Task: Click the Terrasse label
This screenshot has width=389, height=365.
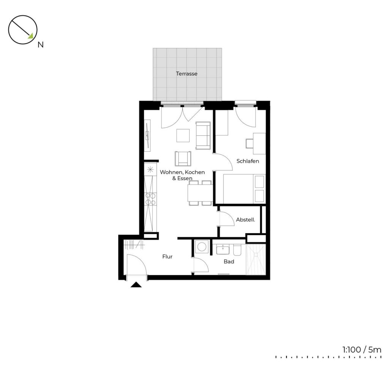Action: pyautogui.click(x=187, y=74)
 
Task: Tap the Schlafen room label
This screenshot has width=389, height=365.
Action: pyautogui.click(x=248, y=161)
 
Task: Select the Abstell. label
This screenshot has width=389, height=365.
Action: pyautogui.click(x=245, y=220)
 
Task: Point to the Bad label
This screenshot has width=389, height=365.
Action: pyautogui.click(x=229, y=262)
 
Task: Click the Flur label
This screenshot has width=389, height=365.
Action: pyautogui.click(x=167, y=257)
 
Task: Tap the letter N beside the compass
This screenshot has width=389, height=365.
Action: pyautogui.click(x=40, y=45)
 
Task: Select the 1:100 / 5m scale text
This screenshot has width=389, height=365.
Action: pyautogui.click(x=362, y=350)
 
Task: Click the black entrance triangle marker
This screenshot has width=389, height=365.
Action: pyautogui.click(x=136, y=284)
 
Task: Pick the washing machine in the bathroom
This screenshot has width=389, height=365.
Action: pyautogui.click(x=201, y=247)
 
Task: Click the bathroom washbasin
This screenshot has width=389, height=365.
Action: pyautogui.click(x=223, y=249)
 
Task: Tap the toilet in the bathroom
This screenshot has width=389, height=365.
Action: pyautogui.click(x=237, y=250)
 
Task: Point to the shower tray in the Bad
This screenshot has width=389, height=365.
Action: pyautogui.click(x=256, y=259)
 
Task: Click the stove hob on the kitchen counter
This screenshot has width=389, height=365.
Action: pyautogui.click(x=150, y=199)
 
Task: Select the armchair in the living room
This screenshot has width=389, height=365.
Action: pyautogui.click(x=183, y=159)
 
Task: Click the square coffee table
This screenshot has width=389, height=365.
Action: pyautogui.click(x=183, y=136)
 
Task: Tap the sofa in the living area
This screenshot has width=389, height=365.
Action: pyautogui.click(x=203, y=136)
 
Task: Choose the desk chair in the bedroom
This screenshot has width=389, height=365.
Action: pyautogui.click(x=250, y=143)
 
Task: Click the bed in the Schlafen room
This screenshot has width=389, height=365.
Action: pyautogui.click(x=244, y=189)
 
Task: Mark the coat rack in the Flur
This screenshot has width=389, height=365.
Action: pyautogui.click(x=134, y=245)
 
